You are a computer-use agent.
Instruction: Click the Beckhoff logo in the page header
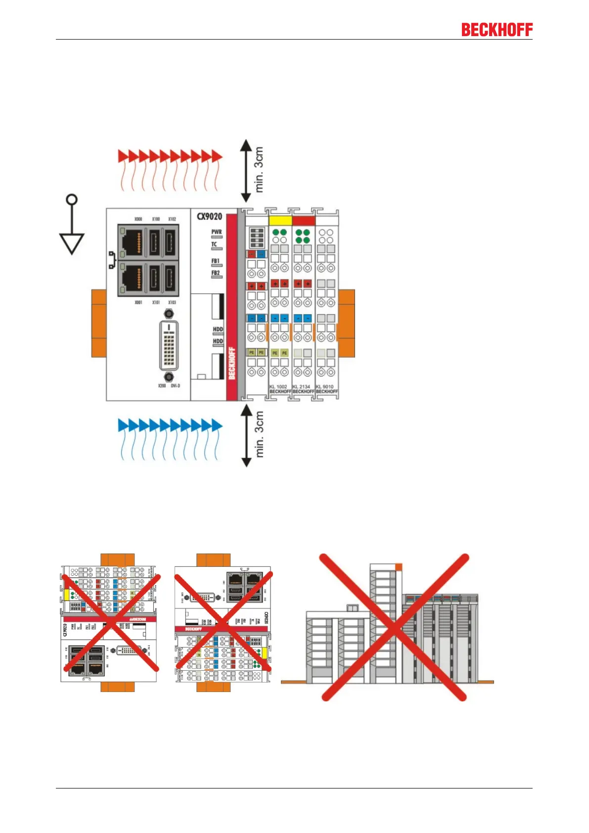497,30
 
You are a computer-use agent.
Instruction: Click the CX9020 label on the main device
209,217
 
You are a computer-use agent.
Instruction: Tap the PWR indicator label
217,231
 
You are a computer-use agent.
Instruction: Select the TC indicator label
214,244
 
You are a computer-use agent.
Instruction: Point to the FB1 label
216,261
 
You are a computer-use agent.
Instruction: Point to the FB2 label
216,273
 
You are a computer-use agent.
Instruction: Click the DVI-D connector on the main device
169,345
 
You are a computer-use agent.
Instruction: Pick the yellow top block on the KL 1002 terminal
280,221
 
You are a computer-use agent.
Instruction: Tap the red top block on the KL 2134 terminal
303,221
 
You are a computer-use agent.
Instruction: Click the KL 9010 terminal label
325,387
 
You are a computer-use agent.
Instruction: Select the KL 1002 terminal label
278,387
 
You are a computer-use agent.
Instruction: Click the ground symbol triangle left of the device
72,243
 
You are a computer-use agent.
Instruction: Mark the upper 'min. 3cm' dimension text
259,170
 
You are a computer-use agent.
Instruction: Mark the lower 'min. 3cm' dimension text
259,434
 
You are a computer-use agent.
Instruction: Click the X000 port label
138,219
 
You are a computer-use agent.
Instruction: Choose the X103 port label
172,302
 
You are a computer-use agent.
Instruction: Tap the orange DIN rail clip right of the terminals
346,323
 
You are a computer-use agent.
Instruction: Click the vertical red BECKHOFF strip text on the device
231,363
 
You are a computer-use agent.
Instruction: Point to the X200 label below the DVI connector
162,386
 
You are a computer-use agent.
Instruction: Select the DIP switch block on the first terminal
256,237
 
